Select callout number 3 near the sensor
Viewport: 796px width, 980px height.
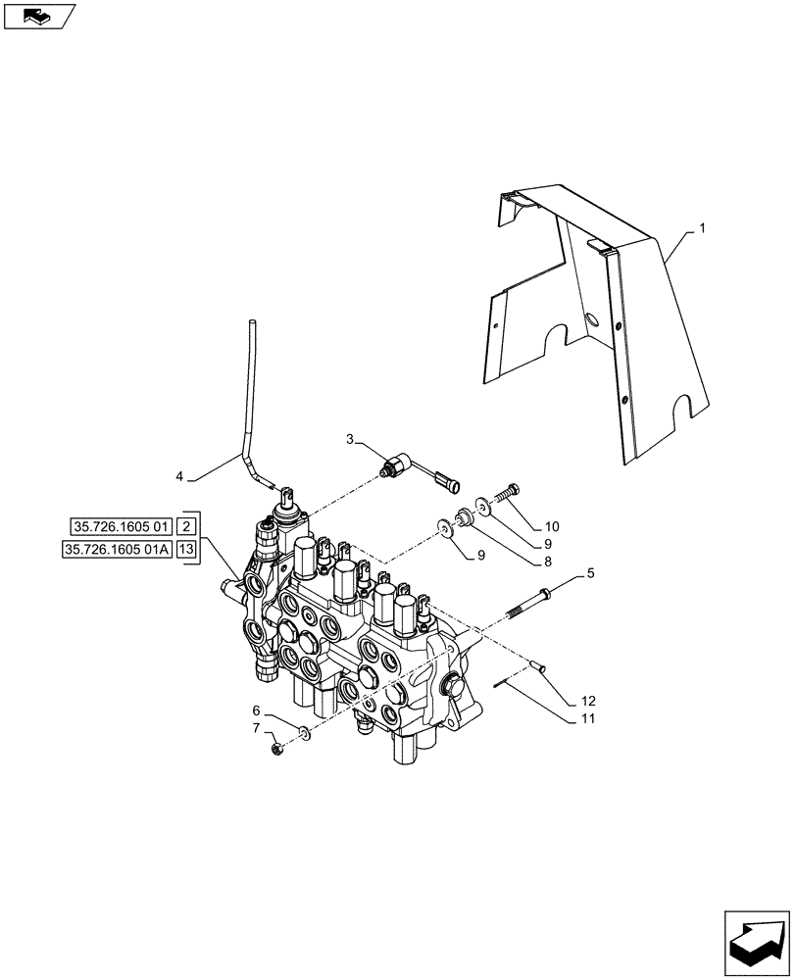350,440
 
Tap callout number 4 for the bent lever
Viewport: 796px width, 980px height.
179,476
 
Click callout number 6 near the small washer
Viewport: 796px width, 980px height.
256,710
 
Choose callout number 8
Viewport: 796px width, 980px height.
547,563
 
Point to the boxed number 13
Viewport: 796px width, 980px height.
188,550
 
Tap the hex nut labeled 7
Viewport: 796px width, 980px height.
277,750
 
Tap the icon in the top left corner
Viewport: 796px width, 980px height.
38,16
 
